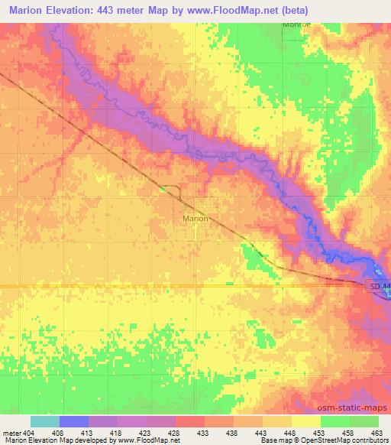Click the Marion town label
195,218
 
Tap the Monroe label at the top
296,24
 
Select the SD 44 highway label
380,286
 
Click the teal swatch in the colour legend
45,421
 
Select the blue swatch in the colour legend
74,421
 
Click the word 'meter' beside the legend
11,432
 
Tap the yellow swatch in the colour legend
307,421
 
